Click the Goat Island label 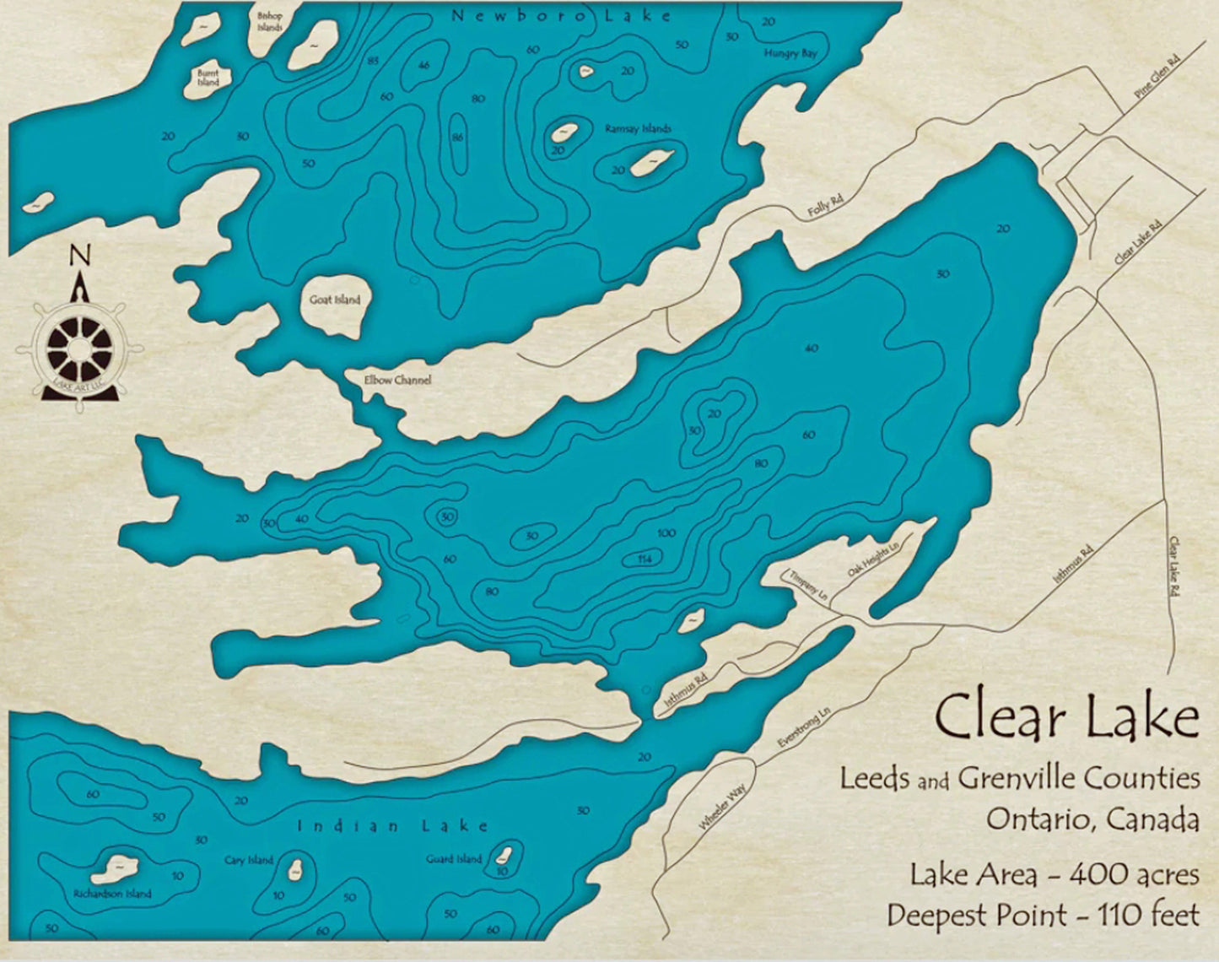point(335,300)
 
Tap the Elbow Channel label point(397,381)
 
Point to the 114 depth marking point(645,559)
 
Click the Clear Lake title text point(1066,718)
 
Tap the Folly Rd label point(826,205)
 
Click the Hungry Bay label point(790,53)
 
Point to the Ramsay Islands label point(638,129)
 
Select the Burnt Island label point(208,78)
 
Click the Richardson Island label point(112,894)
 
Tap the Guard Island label point(454,859)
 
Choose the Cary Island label point(249,861)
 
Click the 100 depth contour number point(666,533)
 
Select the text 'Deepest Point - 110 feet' point(1043,915)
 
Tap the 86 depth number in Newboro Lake point(457,137)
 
